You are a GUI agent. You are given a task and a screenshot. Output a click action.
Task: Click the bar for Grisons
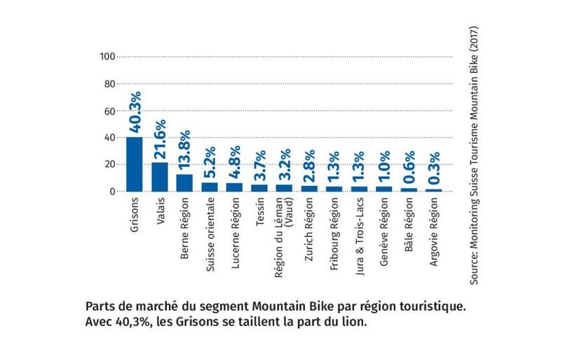click(x=134, y=164)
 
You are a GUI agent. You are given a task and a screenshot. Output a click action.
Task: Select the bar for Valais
click(x=159, y=176)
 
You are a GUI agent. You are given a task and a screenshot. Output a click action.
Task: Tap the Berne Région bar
click(x=184, y=182)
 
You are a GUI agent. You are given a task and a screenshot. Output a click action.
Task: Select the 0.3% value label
click(x=434, y=168)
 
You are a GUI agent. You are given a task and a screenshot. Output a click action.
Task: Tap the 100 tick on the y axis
click(x=107, y=56)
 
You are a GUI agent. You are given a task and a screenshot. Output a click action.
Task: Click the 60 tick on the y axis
click(x=109, y=111)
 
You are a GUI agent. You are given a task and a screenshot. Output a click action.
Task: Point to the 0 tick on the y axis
click(x=111, y=192)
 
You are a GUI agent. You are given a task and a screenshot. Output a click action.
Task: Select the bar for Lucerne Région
click(x=235, y=187)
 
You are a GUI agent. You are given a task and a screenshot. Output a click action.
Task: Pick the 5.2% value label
click(x=210, y=162)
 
